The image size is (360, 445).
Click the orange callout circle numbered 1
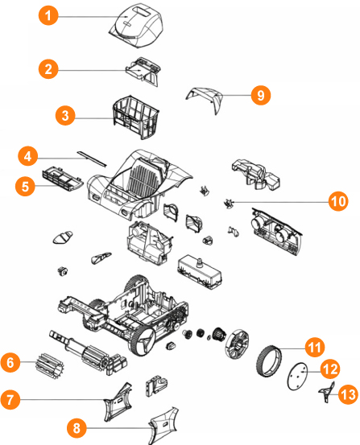pyautogui.click(x=48, y=15)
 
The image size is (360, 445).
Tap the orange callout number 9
pyautogui.click(x=261, y=95)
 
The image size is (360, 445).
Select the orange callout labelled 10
pyautogui.click(x=338, y=201)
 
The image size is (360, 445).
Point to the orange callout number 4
pyautogui.click(x=28, y=156)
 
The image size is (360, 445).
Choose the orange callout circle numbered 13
pyautogui.click(x=349, y=394)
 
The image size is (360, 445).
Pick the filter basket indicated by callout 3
pyautogui.click(x=136, y=117)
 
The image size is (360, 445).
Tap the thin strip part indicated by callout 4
pyautogui.click(x=92, y=159)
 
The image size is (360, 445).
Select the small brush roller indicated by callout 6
pyautogui.click(x=49, y=365)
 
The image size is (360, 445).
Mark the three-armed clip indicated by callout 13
pyautogui.click(x=327, y=393)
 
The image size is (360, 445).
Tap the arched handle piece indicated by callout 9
pyautogui.click(x=205, y=96)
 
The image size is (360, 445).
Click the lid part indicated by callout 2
pyautogui.click(x=143, y=71)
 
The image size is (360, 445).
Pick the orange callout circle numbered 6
pyautogui.click(x=10, y=362)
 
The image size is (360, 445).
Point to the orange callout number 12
pyautogui.click(x=330, y=369)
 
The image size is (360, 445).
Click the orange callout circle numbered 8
pyautogui.click(x=77, y=427)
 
